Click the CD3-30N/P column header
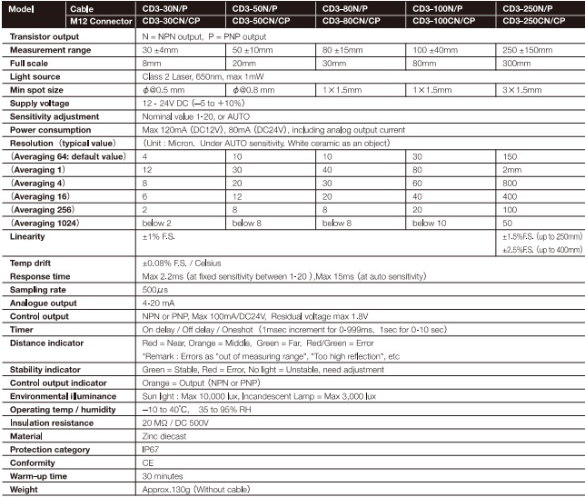point(163,7)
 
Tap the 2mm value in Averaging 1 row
point(511,170)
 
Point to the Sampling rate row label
point(36,290)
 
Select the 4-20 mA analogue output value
point(158,303)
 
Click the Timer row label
point(23,330)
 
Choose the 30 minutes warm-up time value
point(161,477)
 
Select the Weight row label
point(25,491)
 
